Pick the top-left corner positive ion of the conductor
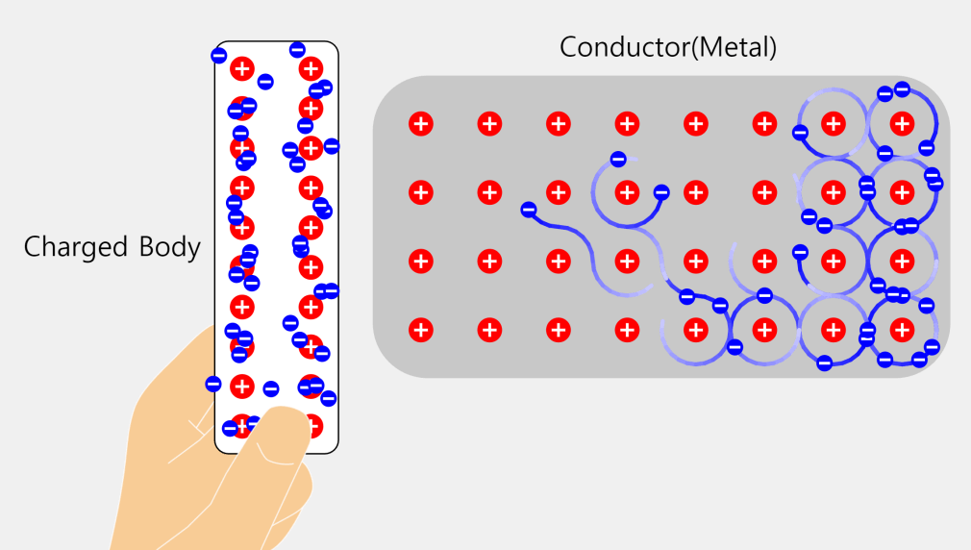[x=420, y=123]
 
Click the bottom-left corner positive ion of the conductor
[x=420, y=330]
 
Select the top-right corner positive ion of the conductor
[x=902, y=123]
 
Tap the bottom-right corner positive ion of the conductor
[x=902, y=330]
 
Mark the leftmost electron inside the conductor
[x=528, y=210]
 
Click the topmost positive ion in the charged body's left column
[x=242, y=68]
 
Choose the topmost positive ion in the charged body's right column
[x=310, y=68]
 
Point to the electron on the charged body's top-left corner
[x=218, y=56]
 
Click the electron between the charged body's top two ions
[x=265, y=82]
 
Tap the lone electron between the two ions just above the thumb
[x=271, y=389]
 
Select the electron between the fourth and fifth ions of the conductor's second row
[x=661, y=192]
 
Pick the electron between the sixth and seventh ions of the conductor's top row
[x=800, y=133]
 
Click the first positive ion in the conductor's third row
[x=420, y=261]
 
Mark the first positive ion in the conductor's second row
[x=420, y=192]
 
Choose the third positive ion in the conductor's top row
[x=558, y=123]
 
